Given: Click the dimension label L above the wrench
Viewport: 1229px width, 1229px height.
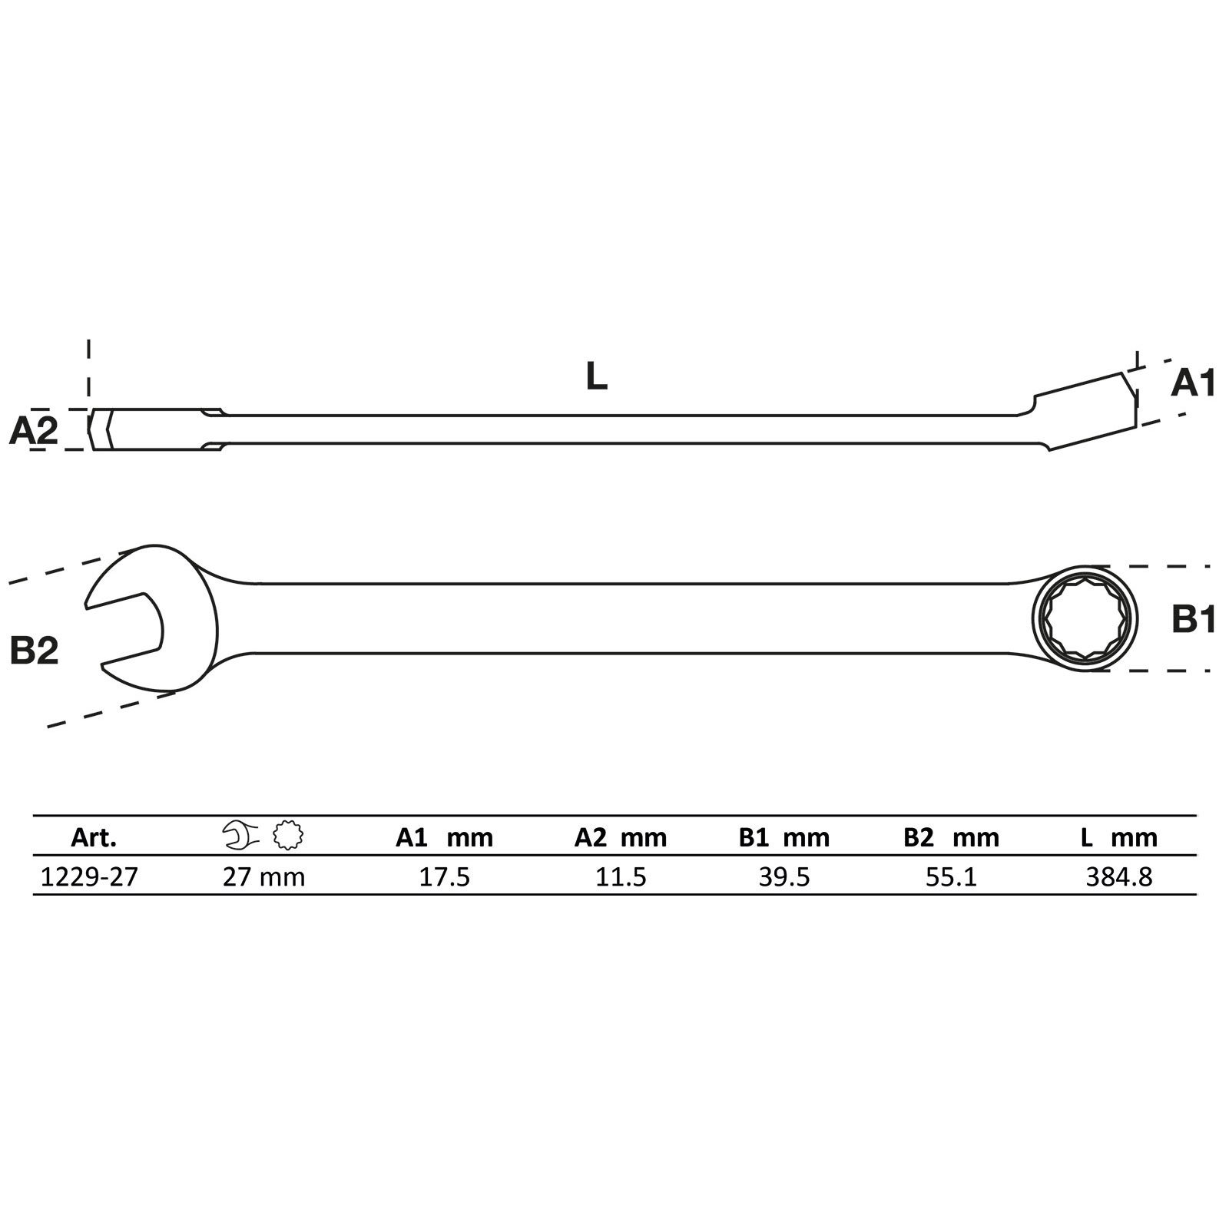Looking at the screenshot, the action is click(x=596, y=376).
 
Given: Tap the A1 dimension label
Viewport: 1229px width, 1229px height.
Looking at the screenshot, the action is click(x=1193, y=383).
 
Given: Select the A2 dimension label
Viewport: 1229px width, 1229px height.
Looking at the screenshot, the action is click(x=33, y=431).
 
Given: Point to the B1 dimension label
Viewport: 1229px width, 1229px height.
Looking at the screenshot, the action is click(x=1194, y=618).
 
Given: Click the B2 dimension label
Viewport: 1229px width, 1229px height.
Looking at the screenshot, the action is click(x=34, y=651).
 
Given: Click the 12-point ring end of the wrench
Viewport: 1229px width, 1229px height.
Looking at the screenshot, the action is click(x=1085, y=618).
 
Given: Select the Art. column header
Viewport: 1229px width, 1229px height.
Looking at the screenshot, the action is click(x=94, y=837).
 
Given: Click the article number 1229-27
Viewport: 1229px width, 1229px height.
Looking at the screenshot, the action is click(x=89, y=876).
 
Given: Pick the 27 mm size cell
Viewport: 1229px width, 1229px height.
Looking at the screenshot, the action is click(x=263, y=876).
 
